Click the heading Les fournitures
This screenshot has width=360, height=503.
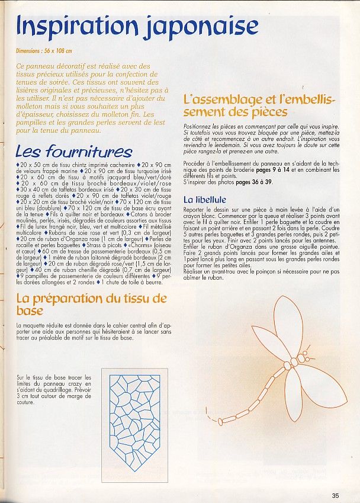point(73,151)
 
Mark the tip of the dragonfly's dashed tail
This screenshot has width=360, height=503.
point(206,409)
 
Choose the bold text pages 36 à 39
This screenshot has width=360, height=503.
point(253,182)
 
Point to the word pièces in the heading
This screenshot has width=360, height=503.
point(265,112)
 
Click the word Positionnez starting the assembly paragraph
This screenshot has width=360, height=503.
point(199,126)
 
